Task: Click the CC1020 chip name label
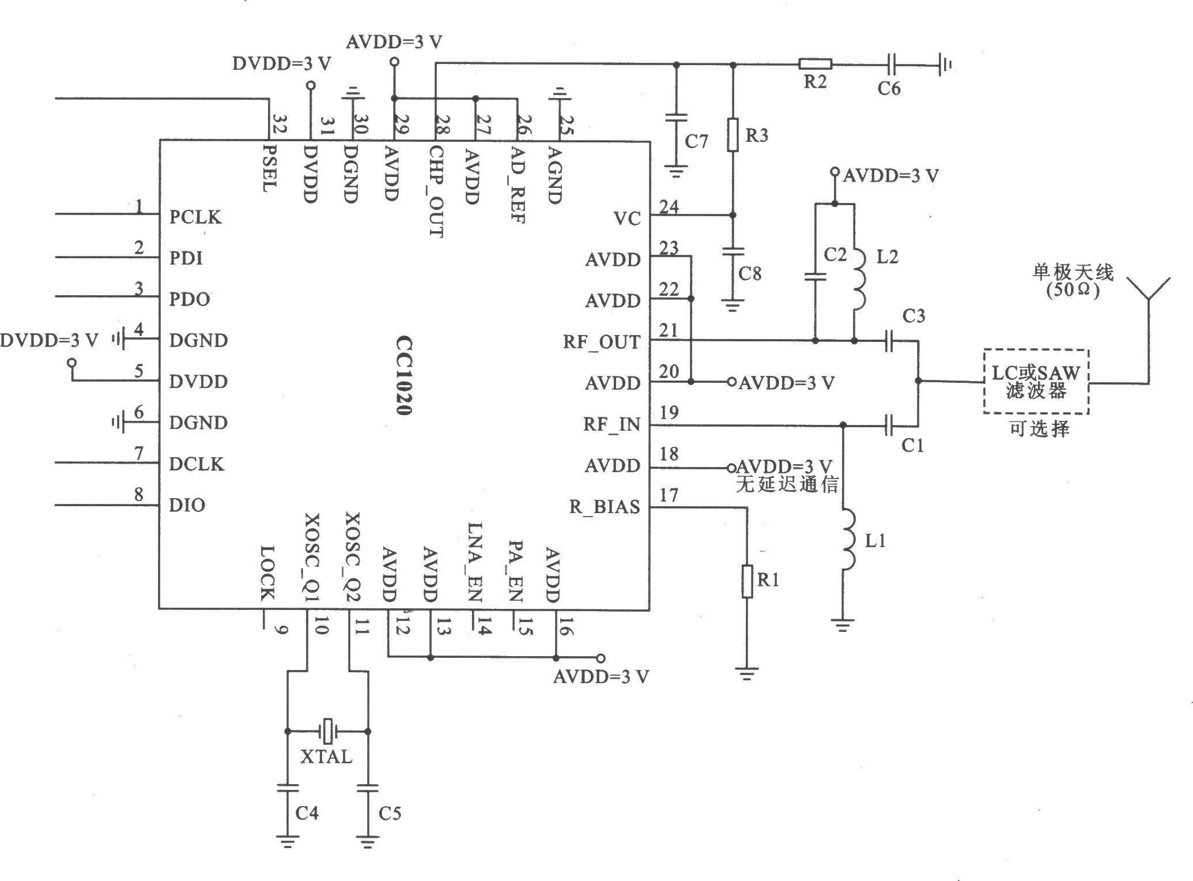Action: click(x=403, y=376)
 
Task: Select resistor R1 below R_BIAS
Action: click(x=747, y=582)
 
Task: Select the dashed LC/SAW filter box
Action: click(x=1036, y=381)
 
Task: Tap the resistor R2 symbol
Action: click(x=815, y=64)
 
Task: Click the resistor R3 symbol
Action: click(x=733, y=135)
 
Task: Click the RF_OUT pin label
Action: click(x=601, y=342)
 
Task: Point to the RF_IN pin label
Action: click(x=611, y=424)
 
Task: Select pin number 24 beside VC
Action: click(x=669, y=206)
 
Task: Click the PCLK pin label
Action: click(x=195, y=217)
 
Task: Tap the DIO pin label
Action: click(x=187, y=505)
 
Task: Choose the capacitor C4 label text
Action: click(x=307, y=813)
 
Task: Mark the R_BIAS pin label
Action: click(x=605, y=507)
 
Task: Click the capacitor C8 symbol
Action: click(x=733, y=252)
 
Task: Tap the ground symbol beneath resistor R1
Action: click(x=747, y=673)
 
